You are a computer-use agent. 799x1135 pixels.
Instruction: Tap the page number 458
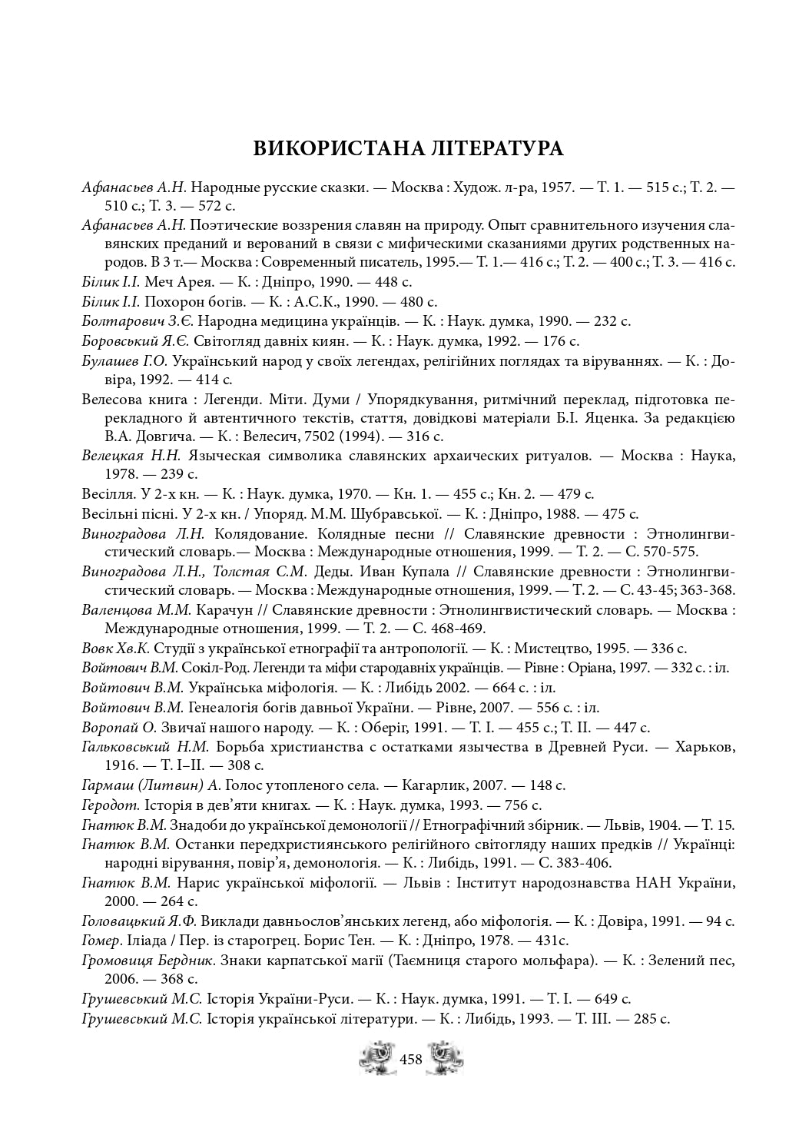coord(411,1059)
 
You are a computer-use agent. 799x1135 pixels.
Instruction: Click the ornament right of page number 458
coord(446,1058)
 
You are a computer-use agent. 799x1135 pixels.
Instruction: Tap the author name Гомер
coord(101,941)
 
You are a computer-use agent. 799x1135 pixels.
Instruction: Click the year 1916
coord(117,765)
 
